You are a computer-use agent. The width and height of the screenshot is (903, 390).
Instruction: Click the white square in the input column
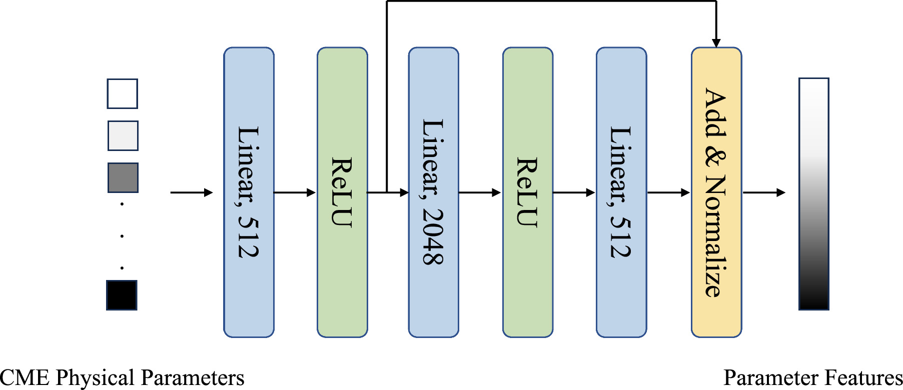tap(122, 93)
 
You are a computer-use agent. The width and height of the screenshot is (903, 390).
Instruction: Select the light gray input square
tap(123, 135)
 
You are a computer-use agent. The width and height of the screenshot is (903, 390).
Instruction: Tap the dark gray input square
tap(123, 177)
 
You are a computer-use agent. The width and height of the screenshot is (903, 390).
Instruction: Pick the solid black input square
tap(122, 295)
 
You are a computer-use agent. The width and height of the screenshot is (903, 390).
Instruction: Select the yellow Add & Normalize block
tap(716, 320)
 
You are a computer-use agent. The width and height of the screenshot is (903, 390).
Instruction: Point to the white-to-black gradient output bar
tap(813, 193)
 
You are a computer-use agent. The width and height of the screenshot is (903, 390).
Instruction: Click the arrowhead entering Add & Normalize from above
tap(716, 42)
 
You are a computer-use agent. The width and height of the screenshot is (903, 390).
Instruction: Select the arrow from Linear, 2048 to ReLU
tap(479, 192)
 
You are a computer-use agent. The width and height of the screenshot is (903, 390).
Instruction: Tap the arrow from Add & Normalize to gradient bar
tap(763, 192)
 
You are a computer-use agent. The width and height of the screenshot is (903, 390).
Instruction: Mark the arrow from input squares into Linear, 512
tap(191, 192)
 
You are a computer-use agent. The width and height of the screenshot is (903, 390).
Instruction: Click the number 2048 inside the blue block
tap(433, 235)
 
